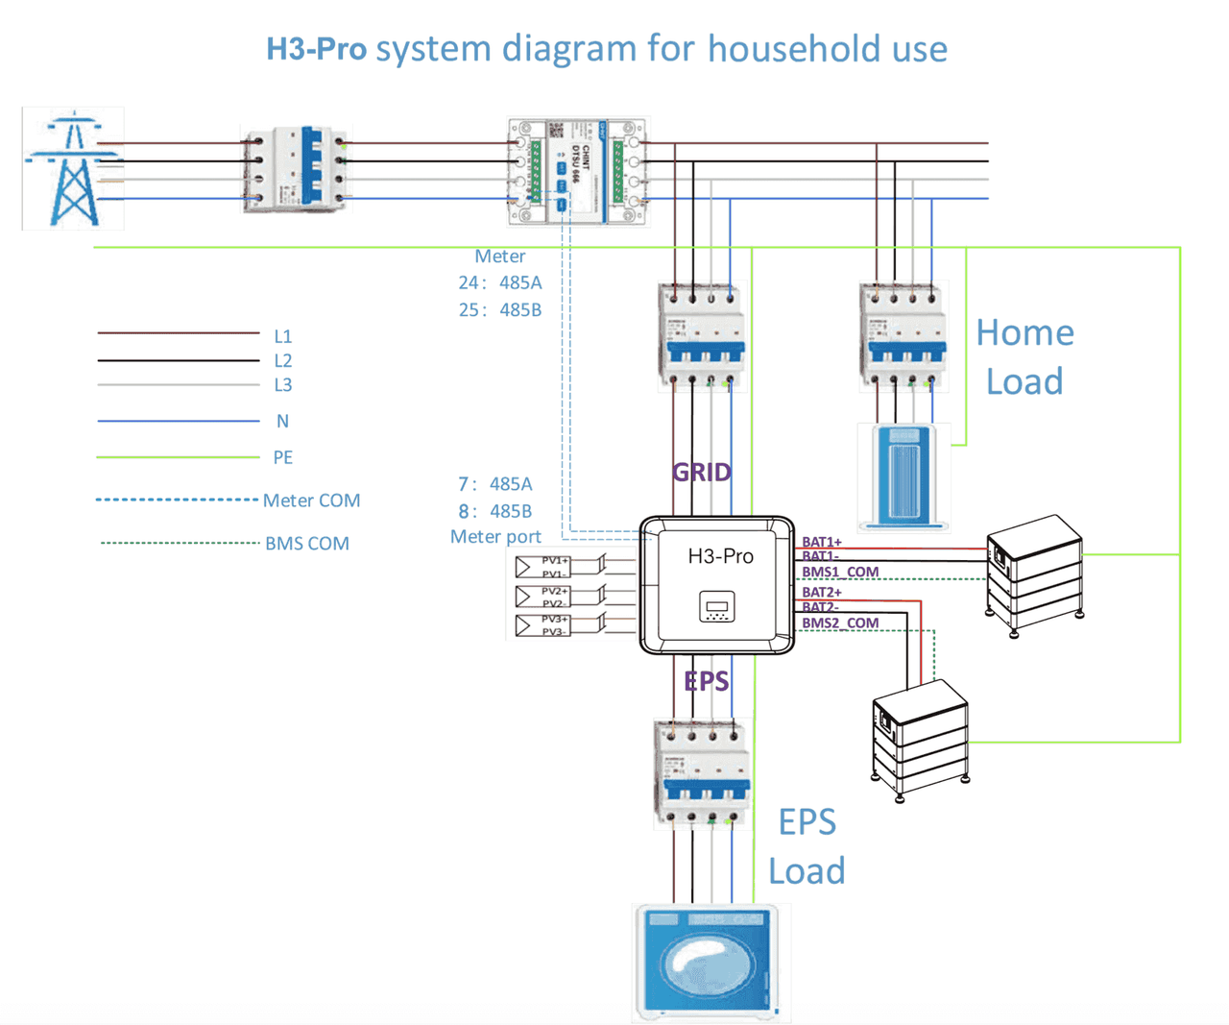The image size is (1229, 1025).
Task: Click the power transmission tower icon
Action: tap(73, 169)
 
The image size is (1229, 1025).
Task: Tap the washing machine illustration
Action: tap(711, 961)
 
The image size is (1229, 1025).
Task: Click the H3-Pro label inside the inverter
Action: tap(720, 556)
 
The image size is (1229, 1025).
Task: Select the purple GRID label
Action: tap(701, 472)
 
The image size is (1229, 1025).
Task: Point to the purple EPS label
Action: tap(706, 681)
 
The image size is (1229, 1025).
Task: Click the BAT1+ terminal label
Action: tap(822, 543)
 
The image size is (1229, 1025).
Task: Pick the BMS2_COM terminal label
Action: tap(840, 623)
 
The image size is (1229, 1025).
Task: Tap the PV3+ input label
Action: tap(554, 620)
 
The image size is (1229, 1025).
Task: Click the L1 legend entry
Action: tap(282, 336)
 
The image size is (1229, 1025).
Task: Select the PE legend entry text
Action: tap(282, 457)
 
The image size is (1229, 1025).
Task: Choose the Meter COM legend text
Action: tap(311, 500)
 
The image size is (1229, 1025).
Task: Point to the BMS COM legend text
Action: tap(307, 544)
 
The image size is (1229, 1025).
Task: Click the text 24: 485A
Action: tap(499, 282)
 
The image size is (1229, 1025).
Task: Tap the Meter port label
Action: tap(495, 536)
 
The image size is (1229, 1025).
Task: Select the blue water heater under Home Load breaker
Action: tap(903, 476)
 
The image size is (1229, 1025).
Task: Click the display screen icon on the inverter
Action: tap(716, 606)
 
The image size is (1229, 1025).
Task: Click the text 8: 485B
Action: tap(494, 511)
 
